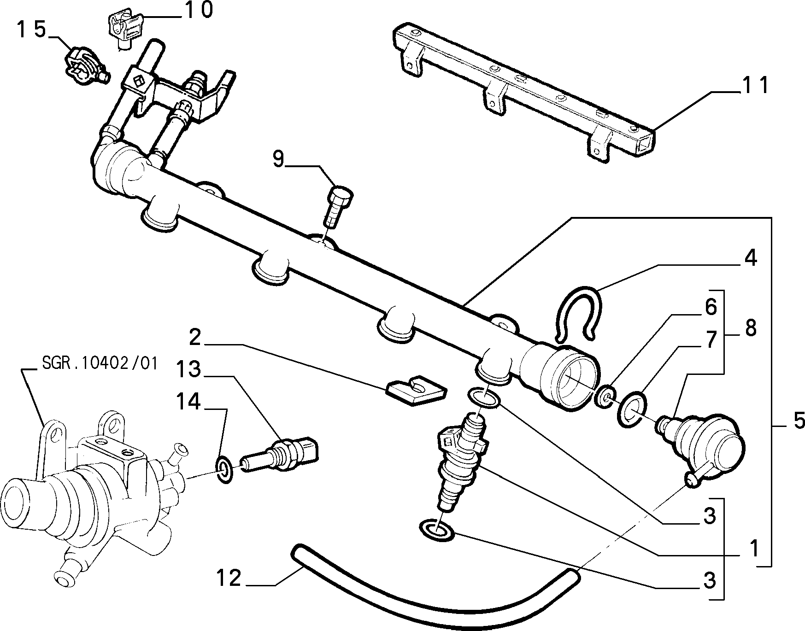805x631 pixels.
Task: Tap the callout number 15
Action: pos(32,30)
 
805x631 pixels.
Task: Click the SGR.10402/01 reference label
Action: pos(100,364)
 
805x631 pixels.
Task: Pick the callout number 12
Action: pos(229,578)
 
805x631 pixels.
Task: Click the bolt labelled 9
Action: pos(338,206)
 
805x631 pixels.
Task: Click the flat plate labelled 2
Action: pos(416,391)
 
